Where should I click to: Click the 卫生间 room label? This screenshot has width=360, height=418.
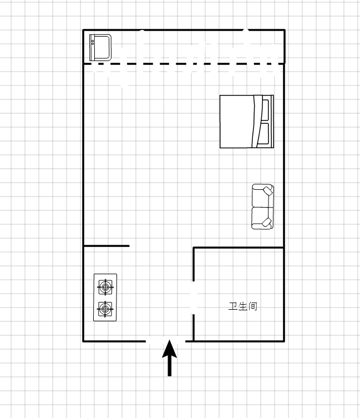point(243,306)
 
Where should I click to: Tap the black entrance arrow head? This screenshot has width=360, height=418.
point(170,349)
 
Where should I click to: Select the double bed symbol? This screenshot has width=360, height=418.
point(247,122)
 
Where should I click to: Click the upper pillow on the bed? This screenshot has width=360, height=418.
point(265,109)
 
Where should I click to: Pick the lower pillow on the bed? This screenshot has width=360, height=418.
point(264,134)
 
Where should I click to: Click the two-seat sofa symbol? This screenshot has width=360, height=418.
point(263,207)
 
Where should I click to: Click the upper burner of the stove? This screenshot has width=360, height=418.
point(105,287)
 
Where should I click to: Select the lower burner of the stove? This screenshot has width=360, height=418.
point(105,309)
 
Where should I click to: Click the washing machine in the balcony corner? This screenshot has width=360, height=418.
point(100,47)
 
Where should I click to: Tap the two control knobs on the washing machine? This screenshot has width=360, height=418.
point(93,42)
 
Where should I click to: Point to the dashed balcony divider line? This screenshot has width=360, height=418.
point(184,64)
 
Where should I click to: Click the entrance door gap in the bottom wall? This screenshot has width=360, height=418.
point(165,341)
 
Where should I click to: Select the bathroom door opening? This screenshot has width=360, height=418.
point(194,298)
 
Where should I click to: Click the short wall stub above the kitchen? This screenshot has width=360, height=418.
point(107,246)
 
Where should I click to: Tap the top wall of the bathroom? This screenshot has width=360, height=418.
point(239,248)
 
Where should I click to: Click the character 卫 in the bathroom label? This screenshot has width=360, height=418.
point(233,306)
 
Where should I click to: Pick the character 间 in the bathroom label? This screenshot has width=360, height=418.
point(253,306)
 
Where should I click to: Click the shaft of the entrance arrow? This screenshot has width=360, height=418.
point(170,366)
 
